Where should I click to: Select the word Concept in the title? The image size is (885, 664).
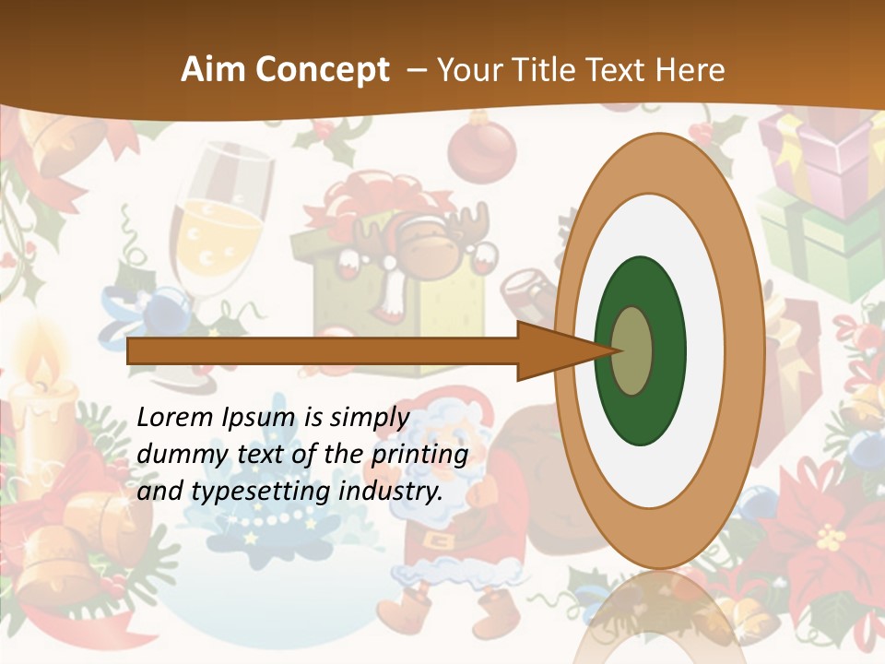coord(323,70)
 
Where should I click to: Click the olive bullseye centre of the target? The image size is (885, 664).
coord(633,350)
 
